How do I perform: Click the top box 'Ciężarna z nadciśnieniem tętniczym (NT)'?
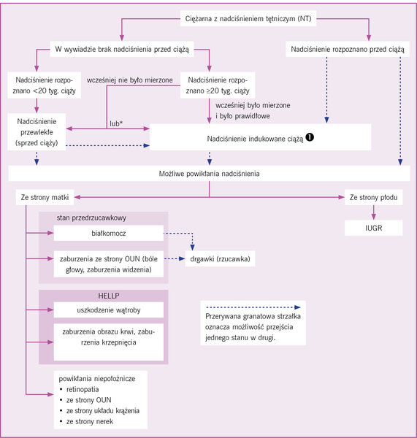point(248,19)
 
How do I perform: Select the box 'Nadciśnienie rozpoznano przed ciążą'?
point(348,49)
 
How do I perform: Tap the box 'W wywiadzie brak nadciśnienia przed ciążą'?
point(122,49)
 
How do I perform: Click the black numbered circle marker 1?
point(310,137)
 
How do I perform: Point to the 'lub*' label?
point(116,123)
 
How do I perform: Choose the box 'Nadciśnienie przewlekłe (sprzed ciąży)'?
point(37,132)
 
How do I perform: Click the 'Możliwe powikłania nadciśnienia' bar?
point(209,174)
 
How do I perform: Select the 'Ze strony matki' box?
point(45,197)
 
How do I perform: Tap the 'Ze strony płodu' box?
point(373,197)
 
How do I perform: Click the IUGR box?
point(373,228)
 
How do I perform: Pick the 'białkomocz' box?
point(108,233)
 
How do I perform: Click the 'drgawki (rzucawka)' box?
point(220,258)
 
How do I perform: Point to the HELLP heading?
point(108,296)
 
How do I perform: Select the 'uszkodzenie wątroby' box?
point(108,310)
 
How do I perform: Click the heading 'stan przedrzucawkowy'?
point(91,218)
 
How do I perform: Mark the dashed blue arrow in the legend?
point(253,307)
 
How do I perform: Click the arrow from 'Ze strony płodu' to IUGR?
point(373,212)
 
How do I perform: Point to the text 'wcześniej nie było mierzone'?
point(130,80)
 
